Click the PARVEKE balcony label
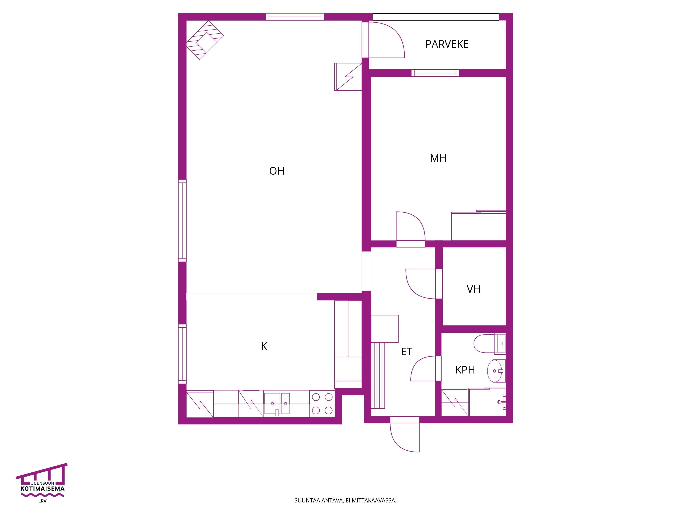coord(447,44)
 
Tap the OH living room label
coord(277,171)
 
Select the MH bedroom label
coord(438,158)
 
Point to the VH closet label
coord(474,289)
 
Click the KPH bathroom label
coord(465,370)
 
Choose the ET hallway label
coord(407,352)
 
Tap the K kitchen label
coord(264,346)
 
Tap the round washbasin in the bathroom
coord(495,371)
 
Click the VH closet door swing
coord(420,284)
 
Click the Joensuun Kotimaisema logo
coord(42,483)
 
